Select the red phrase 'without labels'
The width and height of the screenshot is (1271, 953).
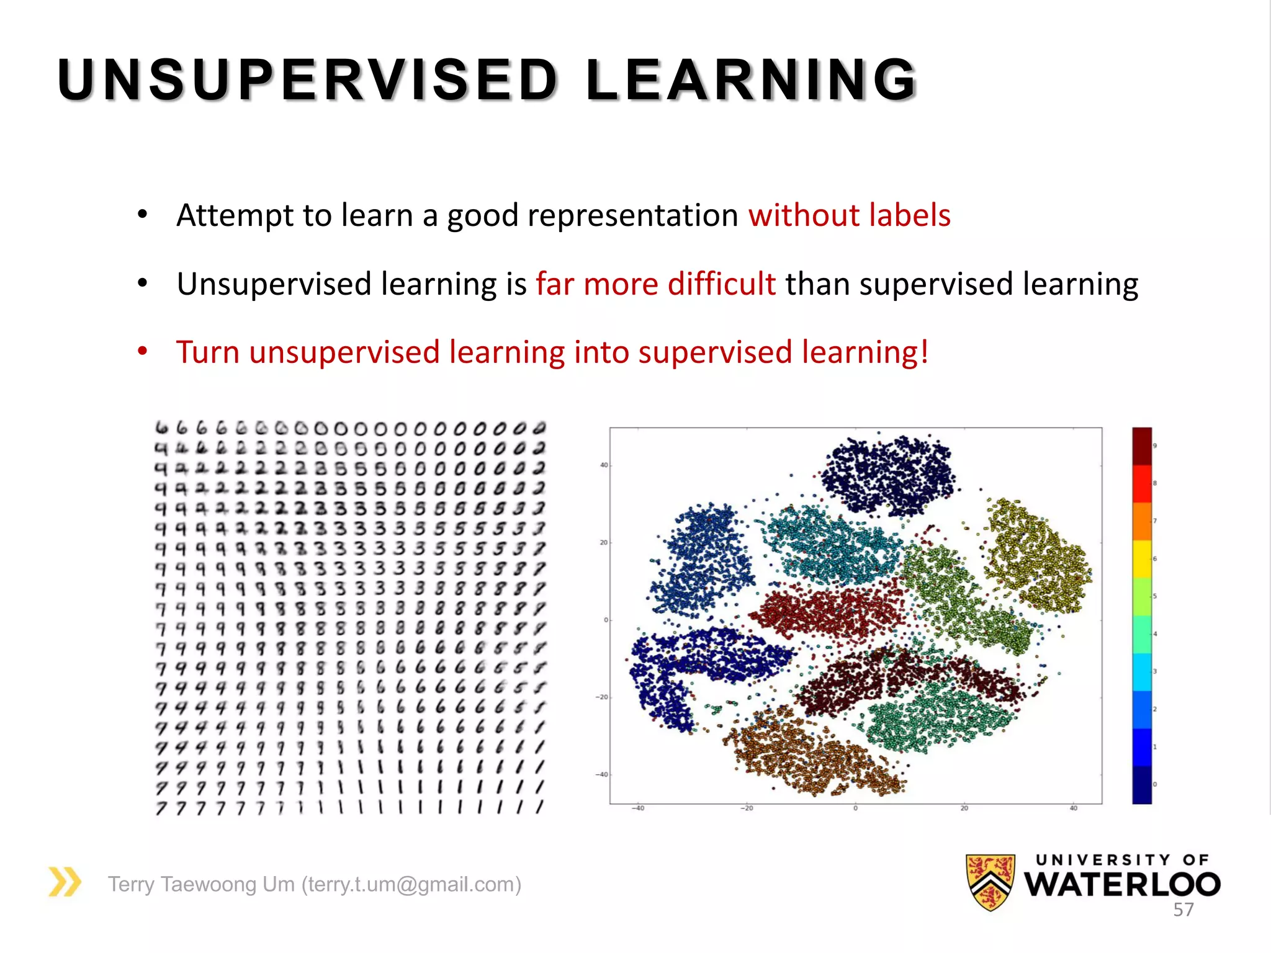pyautogui.click(x=849, y=215)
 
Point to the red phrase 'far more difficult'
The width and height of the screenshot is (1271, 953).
pyautogui.click(x=655, y=284)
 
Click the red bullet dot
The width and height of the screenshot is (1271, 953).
pyautogui.click(x=143, y=352)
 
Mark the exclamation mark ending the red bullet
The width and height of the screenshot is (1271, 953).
pyautogui.click(x=924, y=352)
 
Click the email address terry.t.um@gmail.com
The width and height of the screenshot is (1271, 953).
pyautogui.click(x=411, y=884)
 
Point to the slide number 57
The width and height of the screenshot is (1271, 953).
pyautogui.click(x=1183, y=910)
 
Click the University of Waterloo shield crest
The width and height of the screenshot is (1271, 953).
pyautogui.click(x=990, y=882)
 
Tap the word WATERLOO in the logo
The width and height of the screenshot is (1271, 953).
pyautogui.click(x=1122, y=885)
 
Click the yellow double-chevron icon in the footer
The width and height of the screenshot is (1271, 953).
pyautogui.click(x=65, y=882)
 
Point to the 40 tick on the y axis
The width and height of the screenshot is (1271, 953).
pyautogui.click(x=603, y=465)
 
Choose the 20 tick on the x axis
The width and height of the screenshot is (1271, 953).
pyautogui.click(x=964, y=808)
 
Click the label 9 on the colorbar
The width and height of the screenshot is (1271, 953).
pyautogui.click(x=1155, y=445)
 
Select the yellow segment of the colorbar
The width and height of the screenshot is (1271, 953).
pyautogui.click(x=1142, y=559)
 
